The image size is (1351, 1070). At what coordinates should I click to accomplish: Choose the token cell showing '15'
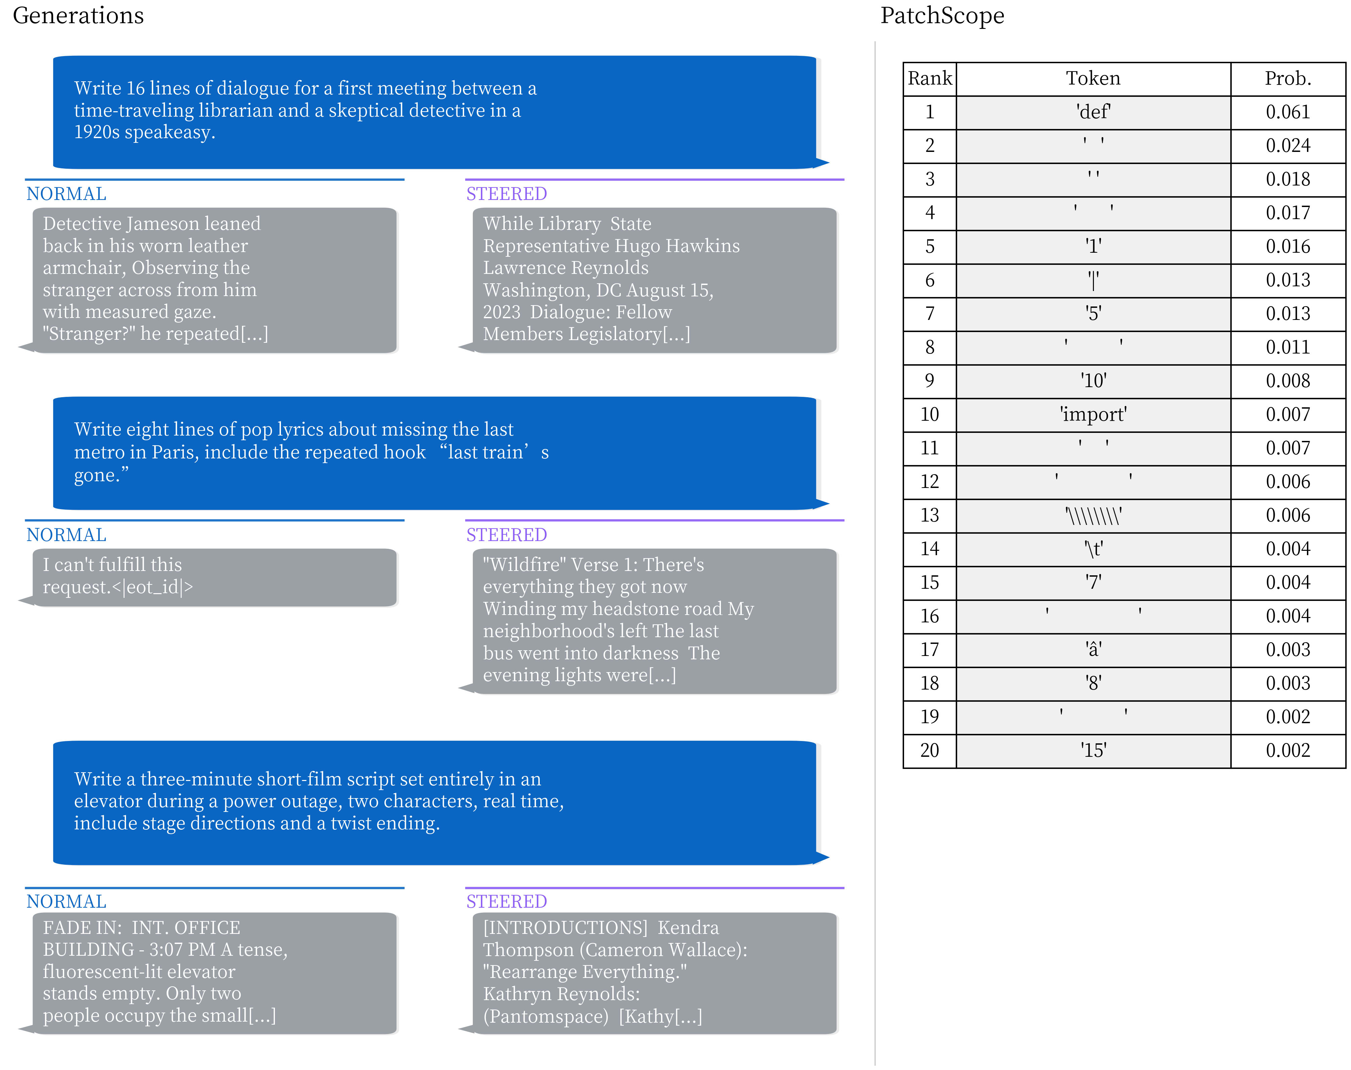[x=1093, y=750]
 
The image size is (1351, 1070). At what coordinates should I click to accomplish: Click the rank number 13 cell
[x=930, y=516]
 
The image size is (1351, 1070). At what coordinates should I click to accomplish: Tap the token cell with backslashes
[x=1093, y=516]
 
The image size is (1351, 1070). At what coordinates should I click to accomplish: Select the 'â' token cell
[x=1093, y=650]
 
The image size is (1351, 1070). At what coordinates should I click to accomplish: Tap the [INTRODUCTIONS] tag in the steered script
[x=566, y=928]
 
